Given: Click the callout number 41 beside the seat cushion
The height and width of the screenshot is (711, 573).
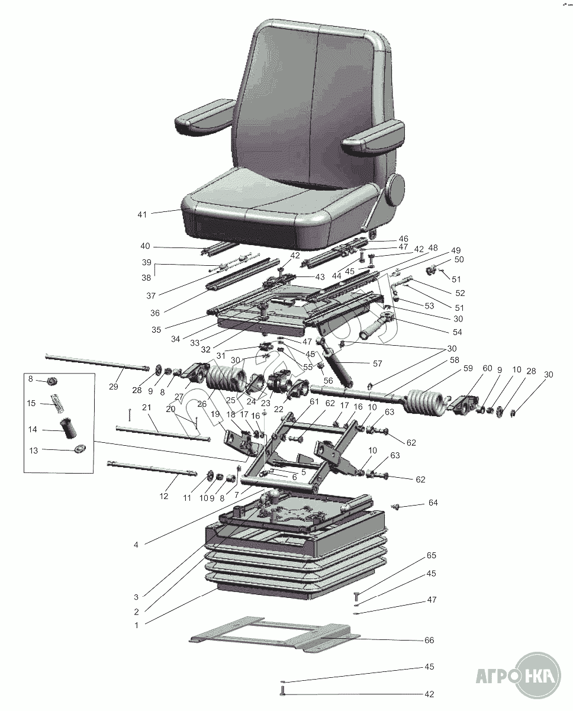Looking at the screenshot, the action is pos(141,215).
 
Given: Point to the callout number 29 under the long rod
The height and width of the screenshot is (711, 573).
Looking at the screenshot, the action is pos(113,387).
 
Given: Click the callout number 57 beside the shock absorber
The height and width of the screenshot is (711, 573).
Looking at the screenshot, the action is pos(378,363).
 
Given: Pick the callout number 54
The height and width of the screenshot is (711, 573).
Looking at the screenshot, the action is pos(457,332).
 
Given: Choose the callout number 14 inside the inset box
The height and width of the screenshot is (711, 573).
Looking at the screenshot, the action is pos(33,430).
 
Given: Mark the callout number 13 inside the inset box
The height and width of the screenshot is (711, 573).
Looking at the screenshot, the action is pos(33,451).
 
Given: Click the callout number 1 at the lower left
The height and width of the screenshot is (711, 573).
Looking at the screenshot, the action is pos(137,625).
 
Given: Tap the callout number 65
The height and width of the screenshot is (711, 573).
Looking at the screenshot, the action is pos(432,555).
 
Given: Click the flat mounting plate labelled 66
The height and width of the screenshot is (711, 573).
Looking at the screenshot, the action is pos(274,634).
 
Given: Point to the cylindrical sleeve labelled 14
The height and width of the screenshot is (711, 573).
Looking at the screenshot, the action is pos(68,428).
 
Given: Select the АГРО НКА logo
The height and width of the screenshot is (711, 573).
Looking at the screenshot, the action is pos(519,675).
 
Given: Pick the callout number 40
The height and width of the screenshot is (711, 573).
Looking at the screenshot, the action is pos(145,246).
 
